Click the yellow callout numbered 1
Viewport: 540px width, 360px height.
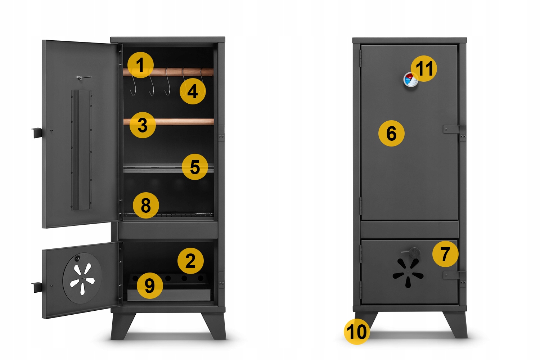coord(140,65)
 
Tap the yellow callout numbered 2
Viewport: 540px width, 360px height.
coord(190,261)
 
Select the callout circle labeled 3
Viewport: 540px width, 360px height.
coord(143,125)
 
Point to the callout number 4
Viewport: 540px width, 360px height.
coord(193,91)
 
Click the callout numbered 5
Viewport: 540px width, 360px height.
coord(195,167)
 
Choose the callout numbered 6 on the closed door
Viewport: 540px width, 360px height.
coord(391,133)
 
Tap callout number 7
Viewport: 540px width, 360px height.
coord(445,254)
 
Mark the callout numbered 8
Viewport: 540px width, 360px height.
coord(146,206)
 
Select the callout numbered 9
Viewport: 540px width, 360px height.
coord(150,286)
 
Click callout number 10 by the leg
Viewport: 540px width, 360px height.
coord(357,332)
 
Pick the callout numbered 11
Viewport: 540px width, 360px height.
coord(424,68)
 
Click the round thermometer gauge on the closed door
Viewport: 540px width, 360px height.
coord(410,80)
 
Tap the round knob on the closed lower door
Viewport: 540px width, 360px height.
coord(414,253)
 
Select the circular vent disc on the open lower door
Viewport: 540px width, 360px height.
coord(82,278)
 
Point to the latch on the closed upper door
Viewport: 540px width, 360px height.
coord(454,129)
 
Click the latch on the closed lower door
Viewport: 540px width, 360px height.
coord(454,275)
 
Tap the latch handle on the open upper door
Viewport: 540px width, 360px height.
coord(37,133)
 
